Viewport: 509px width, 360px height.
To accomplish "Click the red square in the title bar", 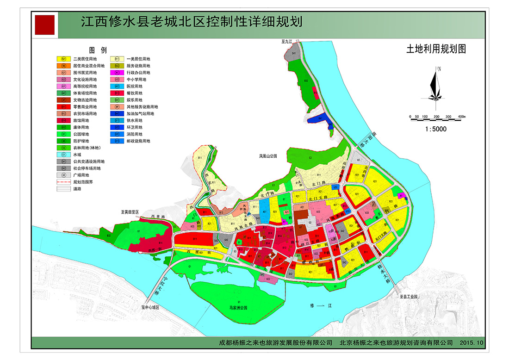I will (44, 25).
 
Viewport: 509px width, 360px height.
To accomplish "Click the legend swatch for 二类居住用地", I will (63, 59).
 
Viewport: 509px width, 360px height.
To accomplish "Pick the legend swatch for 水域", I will (63, 155).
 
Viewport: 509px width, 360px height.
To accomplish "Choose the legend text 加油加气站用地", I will (140, 114).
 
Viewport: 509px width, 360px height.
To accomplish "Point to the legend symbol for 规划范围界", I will (63, 182).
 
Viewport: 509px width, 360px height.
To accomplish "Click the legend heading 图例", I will (98, 50).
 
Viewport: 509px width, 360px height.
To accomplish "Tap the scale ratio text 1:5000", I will (435, 129).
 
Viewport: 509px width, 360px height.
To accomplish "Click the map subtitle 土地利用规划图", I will (435, 49).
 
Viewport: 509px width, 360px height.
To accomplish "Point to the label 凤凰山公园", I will (267, 156).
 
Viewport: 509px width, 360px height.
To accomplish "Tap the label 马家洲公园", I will (238, 307).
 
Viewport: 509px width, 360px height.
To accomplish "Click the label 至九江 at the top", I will (287, 42).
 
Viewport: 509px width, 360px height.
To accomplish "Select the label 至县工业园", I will (409, 296).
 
